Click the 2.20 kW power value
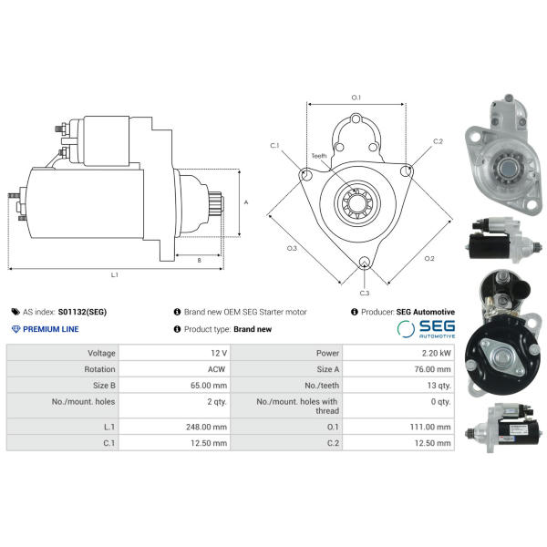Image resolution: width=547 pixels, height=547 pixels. (436, 353)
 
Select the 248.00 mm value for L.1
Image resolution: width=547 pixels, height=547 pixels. (206, 427)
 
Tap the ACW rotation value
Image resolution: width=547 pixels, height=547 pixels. (216, 369)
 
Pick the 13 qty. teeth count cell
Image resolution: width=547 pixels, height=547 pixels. (439, 386)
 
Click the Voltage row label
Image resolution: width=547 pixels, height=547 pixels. (101, 353)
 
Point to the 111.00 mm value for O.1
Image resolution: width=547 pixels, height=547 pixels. (430, 427)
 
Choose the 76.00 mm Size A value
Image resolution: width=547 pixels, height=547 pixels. (432, 369)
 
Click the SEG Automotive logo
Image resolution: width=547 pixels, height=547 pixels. (426, 329)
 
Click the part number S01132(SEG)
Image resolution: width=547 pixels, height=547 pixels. (82, 312)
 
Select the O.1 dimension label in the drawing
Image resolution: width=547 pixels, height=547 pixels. (356, 98)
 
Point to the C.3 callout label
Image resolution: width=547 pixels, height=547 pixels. (364, 293)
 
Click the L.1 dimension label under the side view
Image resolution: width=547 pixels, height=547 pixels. (115, 275)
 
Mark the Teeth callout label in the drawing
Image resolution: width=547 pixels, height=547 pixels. (319, 156)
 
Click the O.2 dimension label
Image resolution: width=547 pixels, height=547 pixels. (429, 259)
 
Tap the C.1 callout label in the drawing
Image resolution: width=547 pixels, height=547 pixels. (275, 146)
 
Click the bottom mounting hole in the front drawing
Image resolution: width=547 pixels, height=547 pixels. (364, 262)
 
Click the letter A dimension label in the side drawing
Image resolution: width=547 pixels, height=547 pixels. (246, 202)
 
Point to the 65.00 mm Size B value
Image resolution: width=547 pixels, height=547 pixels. (209, 386)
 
